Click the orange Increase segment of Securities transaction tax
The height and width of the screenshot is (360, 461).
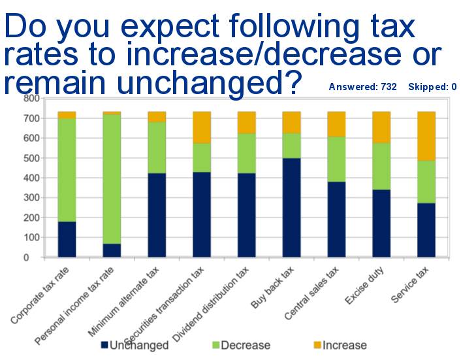click(x=202, y=127)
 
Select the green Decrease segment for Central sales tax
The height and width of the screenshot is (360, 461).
click(x=336, y=159)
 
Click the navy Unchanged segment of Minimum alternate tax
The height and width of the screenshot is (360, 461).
click(x=157, y=215)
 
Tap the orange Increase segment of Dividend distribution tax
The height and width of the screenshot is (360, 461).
click(x=246, y=122)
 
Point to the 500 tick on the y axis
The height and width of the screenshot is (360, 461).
click(x=31, y=158)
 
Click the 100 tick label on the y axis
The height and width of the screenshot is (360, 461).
click(x=31, y=238)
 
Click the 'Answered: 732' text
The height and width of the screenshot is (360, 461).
click(x=362, y=87)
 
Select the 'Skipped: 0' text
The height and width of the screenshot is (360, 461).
click(x=432, y=87)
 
